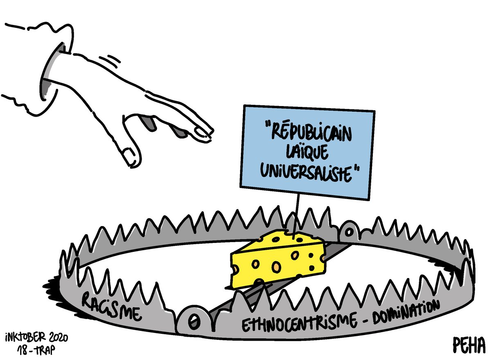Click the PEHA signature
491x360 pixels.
tap(468, 344)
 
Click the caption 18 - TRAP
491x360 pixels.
tap(37, 350)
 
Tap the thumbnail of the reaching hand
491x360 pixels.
tap(130, 155)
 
